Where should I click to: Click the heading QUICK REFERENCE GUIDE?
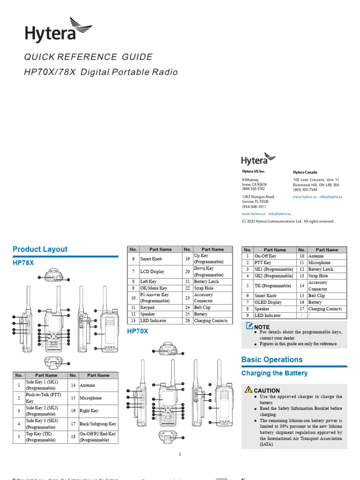click(x=89, y=57)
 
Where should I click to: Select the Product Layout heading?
click(x=40, y=249)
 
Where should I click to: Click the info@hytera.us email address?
click(x=279, y=214)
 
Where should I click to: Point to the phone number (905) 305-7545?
click(x=305, y=190)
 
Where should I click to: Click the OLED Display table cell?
click(x=268, y=302)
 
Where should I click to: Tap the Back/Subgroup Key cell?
click(x=97, y=424)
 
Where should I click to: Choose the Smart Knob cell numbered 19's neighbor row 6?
click(x=151, y=259)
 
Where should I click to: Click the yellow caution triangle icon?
click(x=248, y=390)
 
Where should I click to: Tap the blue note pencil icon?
click(x=249, y=325)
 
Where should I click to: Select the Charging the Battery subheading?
click(x=274, y=373)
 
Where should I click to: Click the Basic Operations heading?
click(x=272, y=360)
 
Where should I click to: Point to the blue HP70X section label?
click(x=138, y=331)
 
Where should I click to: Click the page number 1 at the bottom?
click(x=180, y=454)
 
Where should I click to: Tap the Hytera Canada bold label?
click(x=305, y=172)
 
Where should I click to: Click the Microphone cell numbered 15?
click(x=90, y=398)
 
